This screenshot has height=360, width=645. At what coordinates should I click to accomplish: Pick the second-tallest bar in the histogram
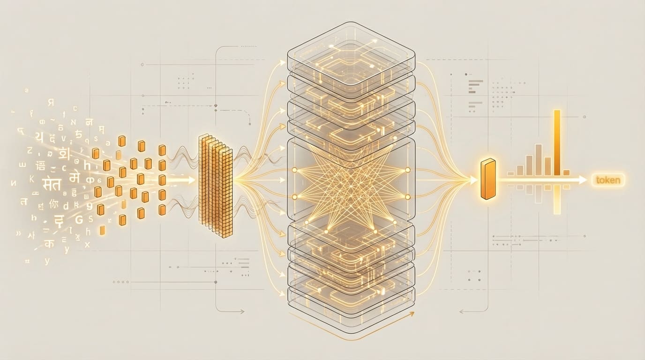(x=539, y=159)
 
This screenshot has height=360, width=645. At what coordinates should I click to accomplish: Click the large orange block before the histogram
(x=488, y=179)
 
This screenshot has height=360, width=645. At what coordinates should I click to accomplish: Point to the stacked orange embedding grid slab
(x=216, y=185)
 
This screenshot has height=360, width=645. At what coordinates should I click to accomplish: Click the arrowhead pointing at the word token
(x=583, y=180)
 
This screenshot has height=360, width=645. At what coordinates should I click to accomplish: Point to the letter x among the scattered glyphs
(x=87, y=244)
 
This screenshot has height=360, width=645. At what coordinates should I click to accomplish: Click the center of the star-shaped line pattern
(x=351, y=183)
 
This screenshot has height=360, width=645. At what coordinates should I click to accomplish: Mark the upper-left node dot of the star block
(x=294, y=169)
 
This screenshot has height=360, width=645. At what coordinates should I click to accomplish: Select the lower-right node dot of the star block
(x=407, y=197)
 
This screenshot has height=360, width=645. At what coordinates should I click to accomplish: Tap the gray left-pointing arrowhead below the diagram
(x=462, y=311)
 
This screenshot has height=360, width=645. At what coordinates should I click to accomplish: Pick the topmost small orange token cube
(x=121, y=141)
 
